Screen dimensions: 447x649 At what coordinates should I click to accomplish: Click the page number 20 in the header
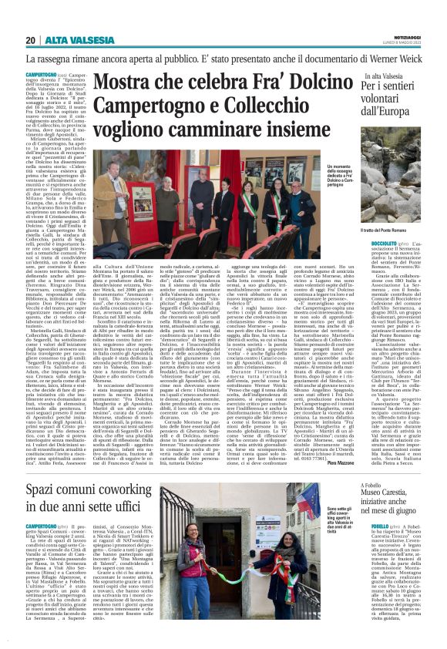click(30, 40)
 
